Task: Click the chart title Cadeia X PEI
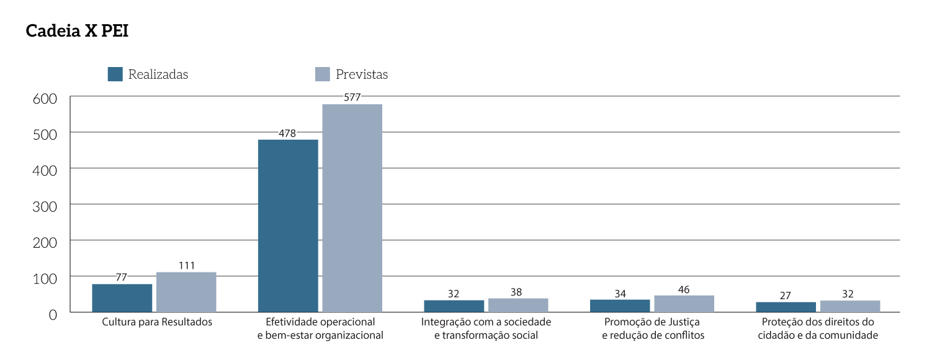point(77,32)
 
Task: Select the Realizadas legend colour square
point(115,74)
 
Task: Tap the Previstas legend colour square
point(322,74)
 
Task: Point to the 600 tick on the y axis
point(45,98)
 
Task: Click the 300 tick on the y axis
point(45,205)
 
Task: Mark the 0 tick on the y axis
point(53,314)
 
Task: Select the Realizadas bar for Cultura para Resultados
point(122,298)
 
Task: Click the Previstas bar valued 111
point(186,292)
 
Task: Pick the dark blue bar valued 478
point(288,225)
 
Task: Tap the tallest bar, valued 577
point(352,208)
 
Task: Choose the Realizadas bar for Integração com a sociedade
point(454,306)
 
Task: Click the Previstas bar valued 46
point(684,304)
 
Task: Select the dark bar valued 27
point(786,307)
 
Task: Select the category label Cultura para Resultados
point(156,322)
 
